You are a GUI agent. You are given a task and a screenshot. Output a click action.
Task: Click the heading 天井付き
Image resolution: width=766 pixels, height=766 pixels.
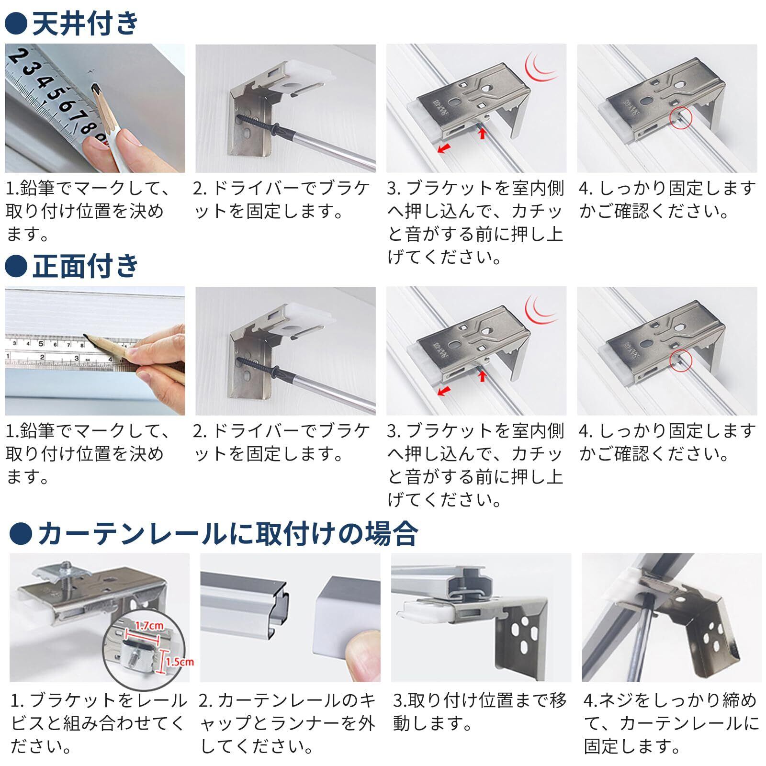86,23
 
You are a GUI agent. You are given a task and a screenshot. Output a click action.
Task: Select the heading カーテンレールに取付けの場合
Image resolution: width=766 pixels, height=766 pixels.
228,533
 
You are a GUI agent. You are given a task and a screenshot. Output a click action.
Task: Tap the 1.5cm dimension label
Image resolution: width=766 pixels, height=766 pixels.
180,662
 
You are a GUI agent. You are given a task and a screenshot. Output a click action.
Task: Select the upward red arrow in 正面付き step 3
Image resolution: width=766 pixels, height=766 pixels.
482,374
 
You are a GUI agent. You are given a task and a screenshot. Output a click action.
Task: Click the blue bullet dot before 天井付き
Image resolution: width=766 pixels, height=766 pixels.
16,24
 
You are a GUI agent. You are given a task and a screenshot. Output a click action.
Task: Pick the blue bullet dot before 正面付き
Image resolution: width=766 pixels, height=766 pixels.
16,267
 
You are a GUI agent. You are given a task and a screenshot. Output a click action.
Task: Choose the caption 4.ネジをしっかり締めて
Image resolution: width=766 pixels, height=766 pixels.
671,701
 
